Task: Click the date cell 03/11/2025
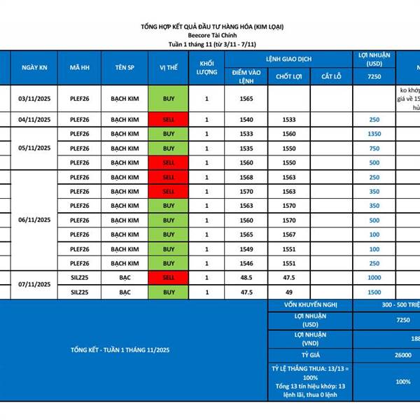coord(34,99)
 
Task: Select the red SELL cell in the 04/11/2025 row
coord(169,120)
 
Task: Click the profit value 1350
coord(374,134)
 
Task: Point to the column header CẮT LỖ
coord(331,76)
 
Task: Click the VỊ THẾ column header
coord(169,68)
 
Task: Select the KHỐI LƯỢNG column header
coord(206,68)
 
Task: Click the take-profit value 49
coord(289,293)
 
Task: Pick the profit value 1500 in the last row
coord(374,293)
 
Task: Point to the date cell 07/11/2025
coord(34,285)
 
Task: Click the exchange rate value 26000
coord(403,355)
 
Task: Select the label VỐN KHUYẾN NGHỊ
coord(303,305)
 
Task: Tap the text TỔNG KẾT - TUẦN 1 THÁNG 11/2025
coord(120,349)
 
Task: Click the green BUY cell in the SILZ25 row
coord(169,293)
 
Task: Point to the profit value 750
coord(374,148)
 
